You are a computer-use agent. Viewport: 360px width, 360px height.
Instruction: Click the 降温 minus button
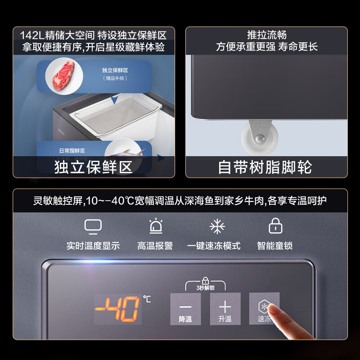(185, 309)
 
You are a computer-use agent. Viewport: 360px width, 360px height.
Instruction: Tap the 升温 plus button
(225, 309)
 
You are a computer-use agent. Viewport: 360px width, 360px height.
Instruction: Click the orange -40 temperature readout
(118, 309)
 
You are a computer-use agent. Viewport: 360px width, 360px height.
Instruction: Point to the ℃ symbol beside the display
(147, 297)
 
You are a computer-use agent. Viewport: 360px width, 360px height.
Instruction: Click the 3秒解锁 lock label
(205, 286)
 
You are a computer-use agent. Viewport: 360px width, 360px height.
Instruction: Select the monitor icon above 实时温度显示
(93, 226)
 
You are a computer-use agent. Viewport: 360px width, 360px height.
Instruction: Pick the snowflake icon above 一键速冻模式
(217, 226)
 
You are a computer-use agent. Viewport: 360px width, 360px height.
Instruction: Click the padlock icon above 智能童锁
(275, 226)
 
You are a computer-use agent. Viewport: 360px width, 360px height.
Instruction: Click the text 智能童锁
(275, 246)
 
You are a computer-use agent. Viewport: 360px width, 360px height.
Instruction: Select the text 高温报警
(155, 246)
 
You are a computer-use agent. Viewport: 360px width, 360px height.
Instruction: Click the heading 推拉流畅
(266, 35)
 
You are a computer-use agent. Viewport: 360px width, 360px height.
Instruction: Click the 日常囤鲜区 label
(72, 151)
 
